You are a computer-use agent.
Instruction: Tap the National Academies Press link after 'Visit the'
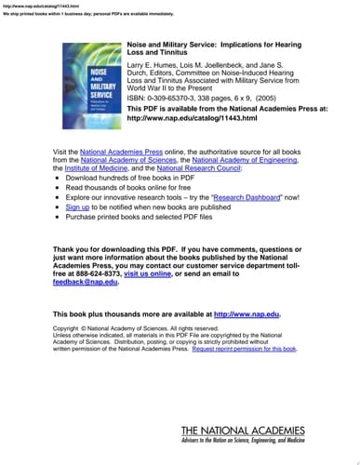tap(119, 151)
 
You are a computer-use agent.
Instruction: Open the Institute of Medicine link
tap(94, 168)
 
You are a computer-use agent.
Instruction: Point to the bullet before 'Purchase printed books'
tap(58, 217)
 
